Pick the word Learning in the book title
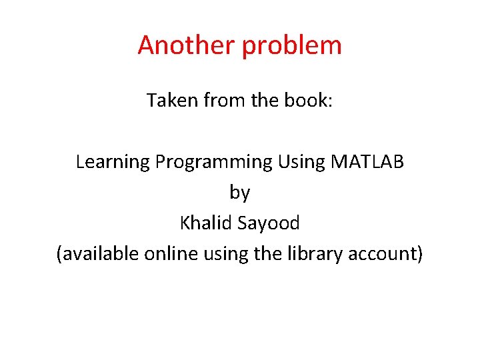113,162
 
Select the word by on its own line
240,193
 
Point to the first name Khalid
203,223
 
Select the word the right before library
269,253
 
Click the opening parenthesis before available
60,253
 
